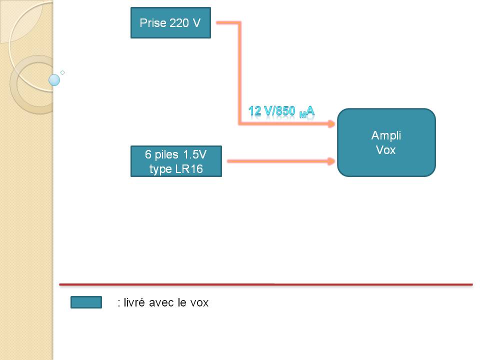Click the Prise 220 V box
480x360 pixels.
point(170,23)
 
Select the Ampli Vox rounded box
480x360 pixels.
point(386,142)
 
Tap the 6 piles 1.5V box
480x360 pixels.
point(176,161)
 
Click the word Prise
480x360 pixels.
point(152,23)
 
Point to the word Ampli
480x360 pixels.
point(386,135)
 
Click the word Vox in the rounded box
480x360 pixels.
point(386,149)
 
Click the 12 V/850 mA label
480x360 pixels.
point(281,111)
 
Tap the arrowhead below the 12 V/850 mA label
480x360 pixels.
point(330,124)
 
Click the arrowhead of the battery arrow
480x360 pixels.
point(330,161)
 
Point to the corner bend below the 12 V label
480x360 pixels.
point(240,123)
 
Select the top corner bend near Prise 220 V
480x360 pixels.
point(239,23)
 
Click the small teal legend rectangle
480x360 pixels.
point(86,302)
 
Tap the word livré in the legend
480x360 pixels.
point(135,302)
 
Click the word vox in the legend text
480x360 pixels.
point(199,302)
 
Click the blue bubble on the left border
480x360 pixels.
point(54,79)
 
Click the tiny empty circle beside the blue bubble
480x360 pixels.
point(62,72)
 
